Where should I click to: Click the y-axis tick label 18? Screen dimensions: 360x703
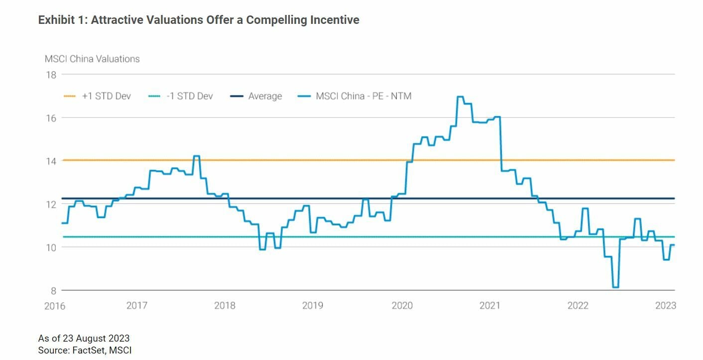51,75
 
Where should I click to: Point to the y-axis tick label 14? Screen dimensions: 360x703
51,161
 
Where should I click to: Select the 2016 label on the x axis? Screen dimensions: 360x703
55,305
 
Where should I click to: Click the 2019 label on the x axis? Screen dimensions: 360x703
313,305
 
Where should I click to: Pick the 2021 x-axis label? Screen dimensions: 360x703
489,305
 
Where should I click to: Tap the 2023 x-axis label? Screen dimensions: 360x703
666,305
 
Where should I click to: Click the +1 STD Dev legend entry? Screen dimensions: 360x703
106,96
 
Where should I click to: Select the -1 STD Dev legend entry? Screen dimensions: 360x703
189,96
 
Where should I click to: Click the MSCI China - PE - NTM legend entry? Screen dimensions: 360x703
363,96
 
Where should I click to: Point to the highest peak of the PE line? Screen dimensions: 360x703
460,97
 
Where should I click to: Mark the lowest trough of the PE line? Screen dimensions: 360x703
615,287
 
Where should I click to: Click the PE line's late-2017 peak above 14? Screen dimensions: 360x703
196,156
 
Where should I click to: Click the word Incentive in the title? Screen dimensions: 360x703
336,20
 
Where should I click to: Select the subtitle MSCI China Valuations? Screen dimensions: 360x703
92,59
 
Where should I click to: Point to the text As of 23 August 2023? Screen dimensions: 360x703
84,339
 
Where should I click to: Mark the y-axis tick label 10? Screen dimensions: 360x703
51,247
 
